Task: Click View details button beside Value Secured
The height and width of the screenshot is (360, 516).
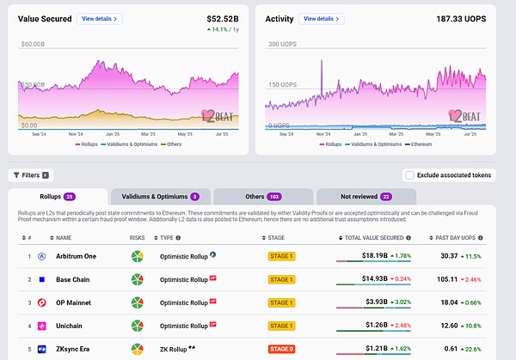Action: tap(100, 18)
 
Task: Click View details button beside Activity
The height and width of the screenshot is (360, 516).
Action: tap(322, 18)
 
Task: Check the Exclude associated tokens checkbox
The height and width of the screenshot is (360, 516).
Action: tap(409, 175)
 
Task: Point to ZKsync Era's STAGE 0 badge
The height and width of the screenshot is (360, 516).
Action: tap(281, 350)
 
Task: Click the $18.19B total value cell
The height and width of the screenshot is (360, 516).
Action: tap(374, 255)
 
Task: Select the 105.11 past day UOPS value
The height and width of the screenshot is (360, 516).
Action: tap(448, 279)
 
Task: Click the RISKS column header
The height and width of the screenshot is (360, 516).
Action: tap(138, 238)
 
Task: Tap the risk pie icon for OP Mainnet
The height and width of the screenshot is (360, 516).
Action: tap(138, 302)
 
